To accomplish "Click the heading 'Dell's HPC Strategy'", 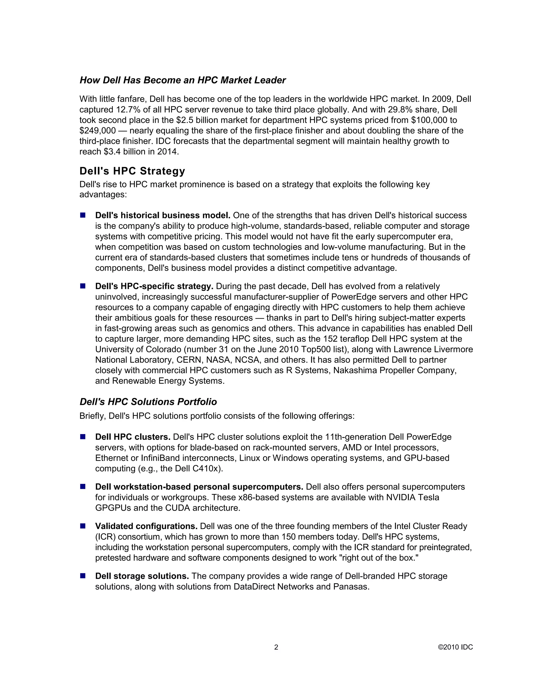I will click(132, 171).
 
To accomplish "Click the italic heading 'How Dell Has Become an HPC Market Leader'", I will click(183, 80).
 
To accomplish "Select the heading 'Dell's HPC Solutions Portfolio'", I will click(148, 402).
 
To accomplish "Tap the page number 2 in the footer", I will click(276, 647).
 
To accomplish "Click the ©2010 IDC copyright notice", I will click(455, 647).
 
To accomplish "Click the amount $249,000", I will click(97, 131).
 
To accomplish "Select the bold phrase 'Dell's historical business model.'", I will click(163, 215).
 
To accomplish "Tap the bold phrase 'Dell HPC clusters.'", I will click(133, 437).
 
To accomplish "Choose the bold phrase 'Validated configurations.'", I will click(146, 526).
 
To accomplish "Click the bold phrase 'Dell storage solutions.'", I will click(142, 576).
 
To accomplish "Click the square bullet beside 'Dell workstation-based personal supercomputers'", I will click(83, 486).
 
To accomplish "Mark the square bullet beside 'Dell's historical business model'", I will click(83, 215).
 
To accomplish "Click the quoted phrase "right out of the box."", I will click(379, 558).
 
